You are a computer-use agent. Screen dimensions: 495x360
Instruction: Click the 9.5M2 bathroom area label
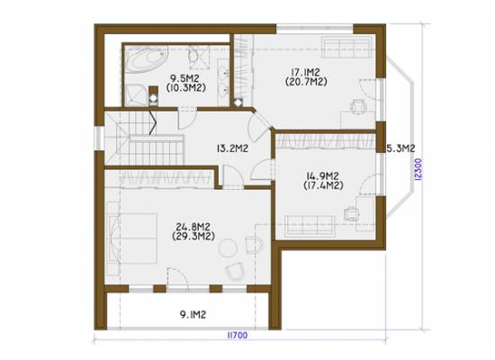pyautogui.click(x=184, y=78)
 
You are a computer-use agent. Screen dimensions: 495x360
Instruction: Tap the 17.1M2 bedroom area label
pyautogui.click(x=306, y=72)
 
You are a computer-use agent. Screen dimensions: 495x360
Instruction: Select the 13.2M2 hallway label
pyautogui.click(x=232, y=148)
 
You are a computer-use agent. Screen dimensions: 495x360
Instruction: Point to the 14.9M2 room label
pyautogui.click(x=322, y=175)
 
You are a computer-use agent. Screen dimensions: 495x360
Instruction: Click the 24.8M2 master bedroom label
pyautogui.click(x=193, y=227)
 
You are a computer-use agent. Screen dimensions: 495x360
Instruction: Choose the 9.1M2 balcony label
pyautogui.click(x=193, y=314)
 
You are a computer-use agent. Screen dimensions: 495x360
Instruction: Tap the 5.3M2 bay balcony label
pyautogui.click(x=400, y=148)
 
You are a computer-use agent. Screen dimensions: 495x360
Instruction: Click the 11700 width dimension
pyautogui.click(x=238, y=335)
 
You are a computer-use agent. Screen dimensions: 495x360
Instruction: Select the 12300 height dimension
pyautogui.click(x=418, y=169)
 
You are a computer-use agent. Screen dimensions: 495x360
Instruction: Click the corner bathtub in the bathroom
pyautogui.click(x=146, y=59)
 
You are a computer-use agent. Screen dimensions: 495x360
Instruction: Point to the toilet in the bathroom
pyautogui.click(x=193, y=57)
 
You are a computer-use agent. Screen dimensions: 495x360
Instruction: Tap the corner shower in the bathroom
pyautogui.click(x=136, y=95)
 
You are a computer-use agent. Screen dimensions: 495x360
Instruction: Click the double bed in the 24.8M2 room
pyautogui.click(x=132, y=238)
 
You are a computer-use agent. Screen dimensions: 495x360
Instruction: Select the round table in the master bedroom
pyautogui.click(x=228, y=247)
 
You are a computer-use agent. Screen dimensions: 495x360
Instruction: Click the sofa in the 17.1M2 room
pyautogui.click(x=346, y=48)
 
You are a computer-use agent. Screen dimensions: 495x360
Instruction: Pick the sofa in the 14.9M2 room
pyautogui.click(x=310, y=226)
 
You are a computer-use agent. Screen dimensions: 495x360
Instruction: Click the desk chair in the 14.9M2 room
pyautogui.click(x=351, y=213)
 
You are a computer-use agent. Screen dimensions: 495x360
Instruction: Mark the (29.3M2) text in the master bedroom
pyautogui.click(x=193, y=236)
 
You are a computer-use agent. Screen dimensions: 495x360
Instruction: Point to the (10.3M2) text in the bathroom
pyautogui.click(x=186, y=87)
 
